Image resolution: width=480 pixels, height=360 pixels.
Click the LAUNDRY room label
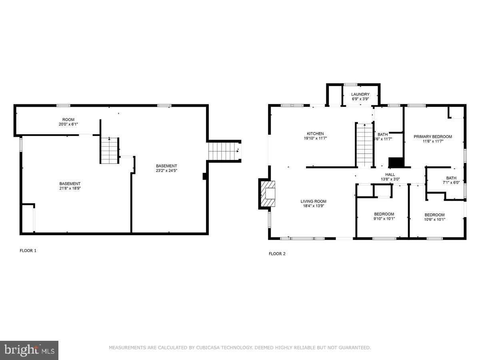[360, 94]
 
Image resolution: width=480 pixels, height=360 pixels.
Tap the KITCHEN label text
[315, 134]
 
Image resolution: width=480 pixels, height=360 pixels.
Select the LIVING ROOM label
[314, 201]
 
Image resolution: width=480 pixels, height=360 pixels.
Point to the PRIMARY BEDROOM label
[433, 136]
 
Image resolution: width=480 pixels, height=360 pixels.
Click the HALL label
[390, 174]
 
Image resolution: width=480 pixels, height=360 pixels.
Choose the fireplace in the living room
[267, 194]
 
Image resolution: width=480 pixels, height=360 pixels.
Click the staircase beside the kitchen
[364, 145]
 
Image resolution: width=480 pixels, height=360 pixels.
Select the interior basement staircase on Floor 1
[110, 150]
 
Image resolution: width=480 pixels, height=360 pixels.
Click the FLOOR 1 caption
[28, 251]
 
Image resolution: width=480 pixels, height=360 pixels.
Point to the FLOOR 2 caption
[277, 254]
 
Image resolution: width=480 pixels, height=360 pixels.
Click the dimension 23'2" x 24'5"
[166, 171]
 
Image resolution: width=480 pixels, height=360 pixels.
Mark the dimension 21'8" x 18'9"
[70, 188]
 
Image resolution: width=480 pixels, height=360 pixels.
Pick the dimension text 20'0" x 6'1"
[68, 124]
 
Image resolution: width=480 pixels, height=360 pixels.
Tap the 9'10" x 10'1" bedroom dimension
[384, 219]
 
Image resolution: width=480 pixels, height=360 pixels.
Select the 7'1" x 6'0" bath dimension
[451, 183]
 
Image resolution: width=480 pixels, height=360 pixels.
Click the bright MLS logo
[29, 350]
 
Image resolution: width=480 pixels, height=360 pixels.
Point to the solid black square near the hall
[396, 162]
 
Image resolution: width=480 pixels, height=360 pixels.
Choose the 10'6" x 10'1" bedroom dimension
[435, 219]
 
